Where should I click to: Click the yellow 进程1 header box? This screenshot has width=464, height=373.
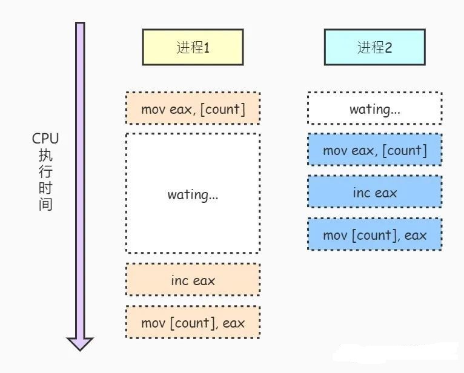193,47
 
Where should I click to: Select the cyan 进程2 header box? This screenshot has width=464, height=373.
374,47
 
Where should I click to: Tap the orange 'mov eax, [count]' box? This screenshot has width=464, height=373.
193,109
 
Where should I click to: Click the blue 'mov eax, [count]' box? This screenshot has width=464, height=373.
374,150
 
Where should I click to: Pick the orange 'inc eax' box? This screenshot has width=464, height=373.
193,281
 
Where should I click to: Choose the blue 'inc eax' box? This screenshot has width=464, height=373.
374,193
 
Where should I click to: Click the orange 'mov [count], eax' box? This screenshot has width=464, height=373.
193,323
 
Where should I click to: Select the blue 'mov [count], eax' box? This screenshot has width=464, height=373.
374,234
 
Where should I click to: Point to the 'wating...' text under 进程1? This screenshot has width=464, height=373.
193,194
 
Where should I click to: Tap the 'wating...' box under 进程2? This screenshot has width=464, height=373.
374,109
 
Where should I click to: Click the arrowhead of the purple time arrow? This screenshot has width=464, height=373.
80,343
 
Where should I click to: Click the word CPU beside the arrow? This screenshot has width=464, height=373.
45,139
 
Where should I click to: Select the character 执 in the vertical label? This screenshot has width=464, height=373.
45,155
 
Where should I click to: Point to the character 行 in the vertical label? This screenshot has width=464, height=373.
45,171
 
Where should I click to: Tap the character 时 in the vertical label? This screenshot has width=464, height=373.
45,188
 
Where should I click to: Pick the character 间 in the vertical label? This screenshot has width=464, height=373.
45,204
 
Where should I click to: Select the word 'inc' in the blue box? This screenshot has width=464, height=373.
361,193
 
